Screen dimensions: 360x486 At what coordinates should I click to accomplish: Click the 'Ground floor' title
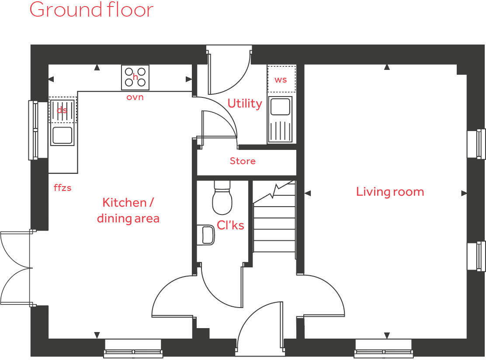click(91, 10)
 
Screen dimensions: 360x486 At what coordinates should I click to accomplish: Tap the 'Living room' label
click(390, 192)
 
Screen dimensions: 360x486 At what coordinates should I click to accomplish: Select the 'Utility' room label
click(244, 104)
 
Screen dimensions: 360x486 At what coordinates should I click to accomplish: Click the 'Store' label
click(243, 161)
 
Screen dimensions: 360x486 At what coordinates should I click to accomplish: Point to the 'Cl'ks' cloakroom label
click(230, 225)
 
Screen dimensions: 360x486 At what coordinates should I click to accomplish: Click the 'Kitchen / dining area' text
click(128, 210)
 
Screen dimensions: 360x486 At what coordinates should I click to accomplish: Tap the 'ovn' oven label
click(135, 97)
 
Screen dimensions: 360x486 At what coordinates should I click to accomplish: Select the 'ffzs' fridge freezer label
click(62, 188)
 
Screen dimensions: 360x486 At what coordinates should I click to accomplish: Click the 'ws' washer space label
click(281, 80)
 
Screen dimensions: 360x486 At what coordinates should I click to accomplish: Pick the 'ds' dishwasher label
click(62, 110)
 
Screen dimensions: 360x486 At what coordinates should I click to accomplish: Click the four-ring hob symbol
click(135, 77)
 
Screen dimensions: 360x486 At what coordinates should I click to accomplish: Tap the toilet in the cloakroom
click(222, 199)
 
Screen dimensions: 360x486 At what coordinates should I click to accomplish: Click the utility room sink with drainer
click(280, 119)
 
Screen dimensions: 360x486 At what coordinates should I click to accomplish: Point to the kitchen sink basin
click(62, 135)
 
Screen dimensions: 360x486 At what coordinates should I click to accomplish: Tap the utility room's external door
click(228, 72)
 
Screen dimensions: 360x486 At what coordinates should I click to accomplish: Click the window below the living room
click(384, 348)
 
